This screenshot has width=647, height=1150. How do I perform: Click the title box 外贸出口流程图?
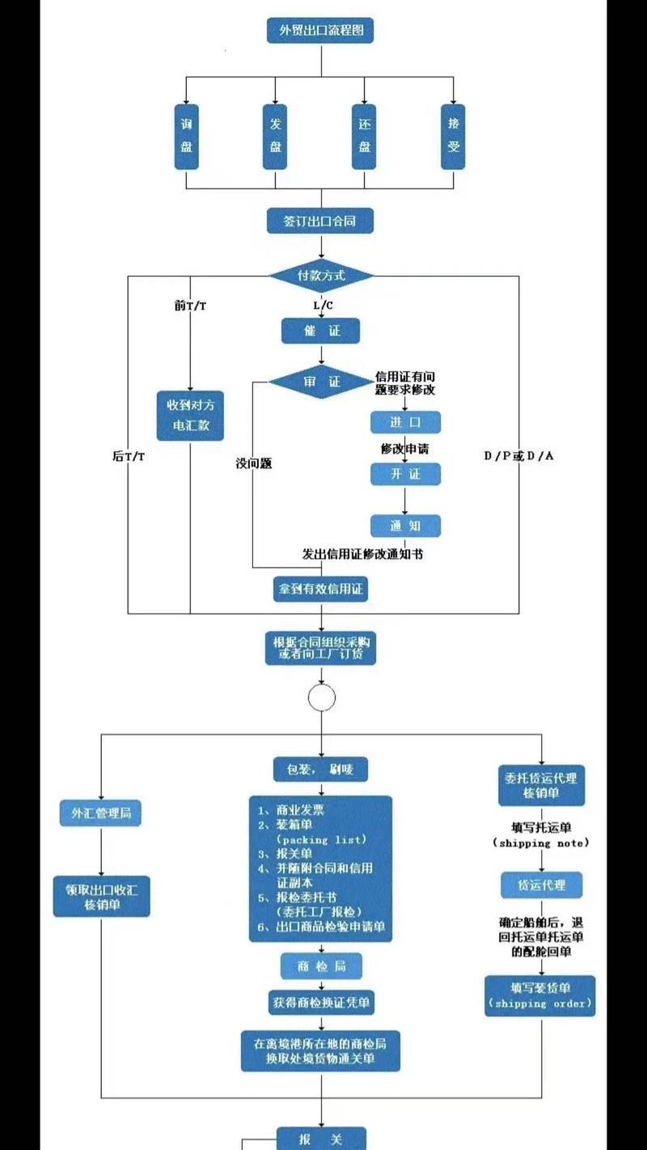pyautogui.click(x=320, y=31)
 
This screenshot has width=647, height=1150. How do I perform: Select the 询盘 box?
pyautogui.click(x=186, y=136)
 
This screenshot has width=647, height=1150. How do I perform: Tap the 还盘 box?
pyautogui.click(x=364, y=136)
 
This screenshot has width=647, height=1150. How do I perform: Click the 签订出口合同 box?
pyautogui.click(x=320, y=220)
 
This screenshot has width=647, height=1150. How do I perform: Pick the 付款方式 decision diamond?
pyautogui.click(x=321, y=276)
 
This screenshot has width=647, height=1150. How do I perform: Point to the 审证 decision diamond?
pyautogui.click(x=321, y=382)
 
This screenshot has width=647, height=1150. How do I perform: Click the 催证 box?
pyautogui.click(x=320, y=330)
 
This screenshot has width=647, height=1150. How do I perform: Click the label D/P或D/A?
pyautogui.click(x=518, y=455)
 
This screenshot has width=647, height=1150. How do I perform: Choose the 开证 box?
pyautogui.click(x=405, y=474)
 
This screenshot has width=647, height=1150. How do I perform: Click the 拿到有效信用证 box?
pyautogui.click(x=320, y=590)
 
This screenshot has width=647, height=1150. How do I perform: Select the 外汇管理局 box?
pyautogui.click(x=100, y=814)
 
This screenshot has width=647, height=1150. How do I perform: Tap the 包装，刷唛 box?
pyautogui.click(x=320, y=769)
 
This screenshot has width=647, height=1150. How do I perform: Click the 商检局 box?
pyautogui.click(x=320, y=966)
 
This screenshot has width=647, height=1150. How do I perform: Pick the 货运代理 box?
pyautogui.click(x=541, y=886)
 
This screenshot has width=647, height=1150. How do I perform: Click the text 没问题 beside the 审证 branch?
pyautogui.click(x=253, y=463)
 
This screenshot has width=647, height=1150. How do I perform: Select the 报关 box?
pyautogui.click(x=320, y=1139)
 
